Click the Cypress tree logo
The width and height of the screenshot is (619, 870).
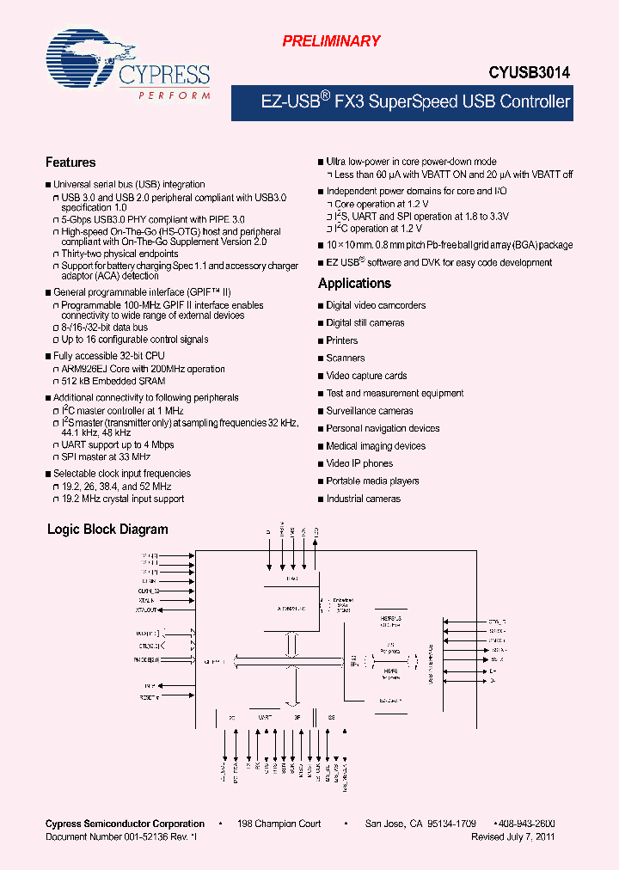point(80,58)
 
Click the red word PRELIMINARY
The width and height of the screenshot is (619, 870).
point(331,41)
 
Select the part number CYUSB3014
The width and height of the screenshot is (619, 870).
point(529,75)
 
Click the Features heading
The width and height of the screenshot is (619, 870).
point(70,162)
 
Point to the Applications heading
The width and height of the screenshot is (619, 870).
point(354,284)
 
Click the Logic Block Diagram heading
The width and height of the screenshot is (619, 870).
point(107,530)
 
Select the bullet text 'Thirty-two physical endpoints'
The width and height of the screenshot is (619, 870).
point(120,254)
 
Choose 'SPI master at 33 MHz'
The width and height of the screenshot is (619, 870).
point(107,457)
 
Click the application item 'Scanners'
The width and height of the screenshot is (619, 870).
point(345,358)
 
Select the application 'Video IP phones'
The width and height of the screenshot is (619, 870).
point(359,463)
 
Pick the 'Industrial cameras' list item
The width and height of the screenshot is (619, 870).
point(363,499)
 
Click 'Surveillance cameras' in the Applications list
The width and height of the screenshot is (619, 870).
point(370,411)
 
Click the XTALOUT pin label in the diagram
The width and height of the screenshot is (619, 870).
point(146,610)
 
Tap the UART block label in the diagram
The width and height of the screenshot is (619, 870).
point(265,715)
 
